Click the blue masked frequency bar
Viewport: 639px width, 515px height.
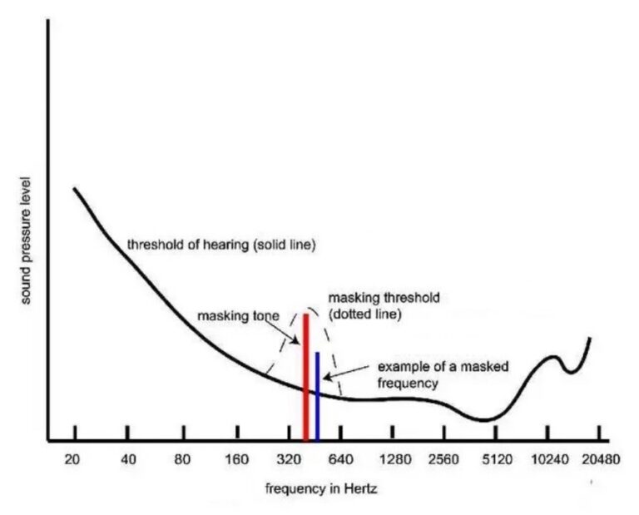tap(317, 396)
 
